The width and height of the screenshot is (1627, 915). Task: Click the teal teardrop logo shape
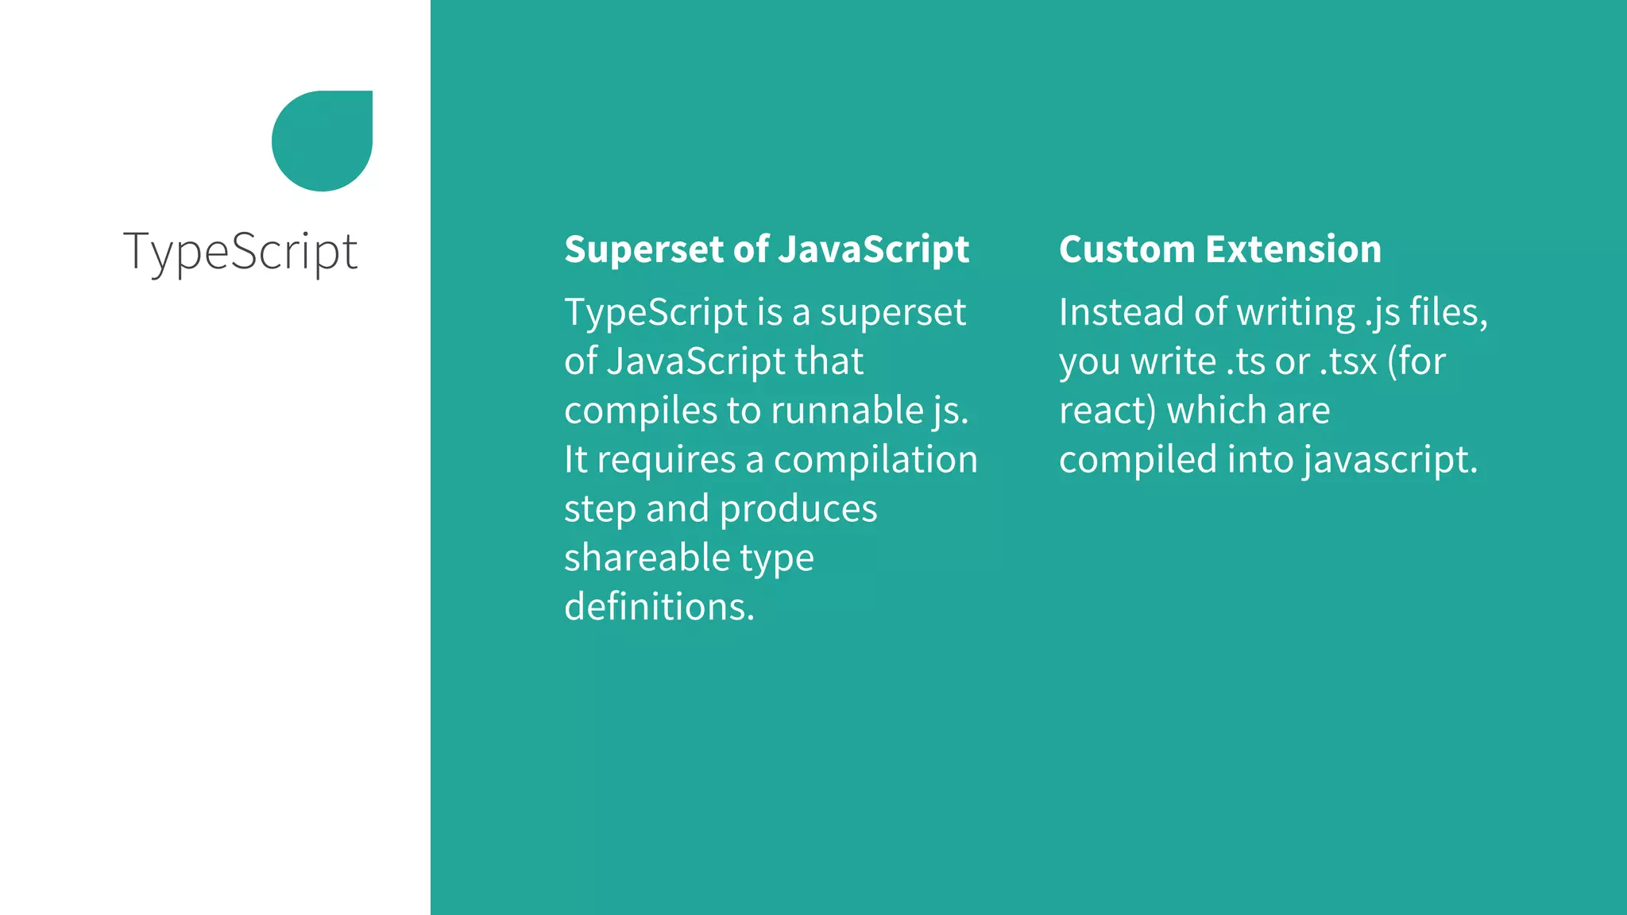[x=322, y=141]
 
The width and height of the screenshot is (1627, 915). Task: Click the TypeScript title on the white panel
[x=240, y=252]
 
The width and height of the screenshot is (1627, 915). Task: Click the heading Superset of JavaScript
[x=766, y=249]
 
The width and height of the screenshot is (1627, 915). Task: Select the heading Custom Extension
[x=1219, y=249]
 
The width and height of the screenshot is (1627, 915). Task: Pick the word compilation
[x=875, y=461]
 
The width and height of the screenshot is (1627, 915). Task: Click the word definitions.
[x=659, y=607]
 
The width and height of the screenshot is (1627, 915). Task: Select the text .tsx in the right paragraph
[x=1347, y=362]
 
